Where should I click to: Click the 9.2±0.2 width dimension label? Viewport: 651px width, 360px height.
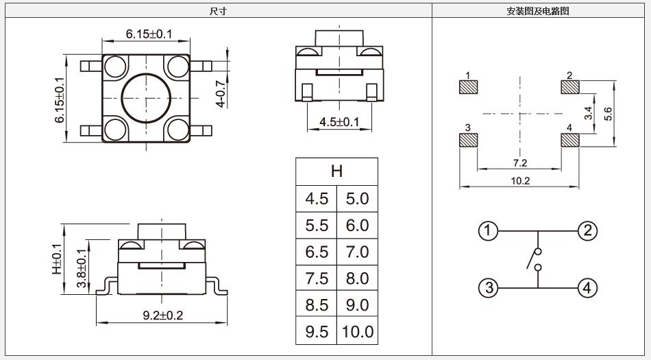162,315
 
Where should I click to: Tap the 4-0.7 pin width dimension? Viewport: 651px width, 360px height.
220,93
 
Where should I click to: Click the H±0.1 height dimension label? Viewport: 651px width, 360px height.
57,260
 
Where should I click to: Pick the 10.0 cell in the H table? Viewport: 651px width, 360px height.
357,332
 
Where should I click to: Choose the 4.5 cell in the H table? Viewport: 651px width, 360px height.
317,199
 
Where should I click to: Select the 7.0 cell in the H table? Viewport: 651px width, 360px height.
357,252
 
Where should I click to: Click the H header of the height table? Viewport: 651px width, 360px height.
336,171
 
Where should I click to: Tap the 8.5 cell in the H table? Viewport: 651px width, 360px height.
317,305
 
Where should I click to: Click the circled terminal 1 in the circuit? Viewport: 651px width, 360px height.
487,231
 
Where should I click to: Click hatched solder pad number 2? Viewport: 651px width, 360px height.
569,88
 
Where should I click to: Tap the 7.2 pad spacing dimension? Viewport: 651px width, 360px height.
519,163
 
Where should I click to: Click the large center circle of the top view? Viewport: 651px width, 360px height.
145,98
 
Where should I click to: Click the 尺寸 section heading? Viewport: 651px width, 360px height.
218,11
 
